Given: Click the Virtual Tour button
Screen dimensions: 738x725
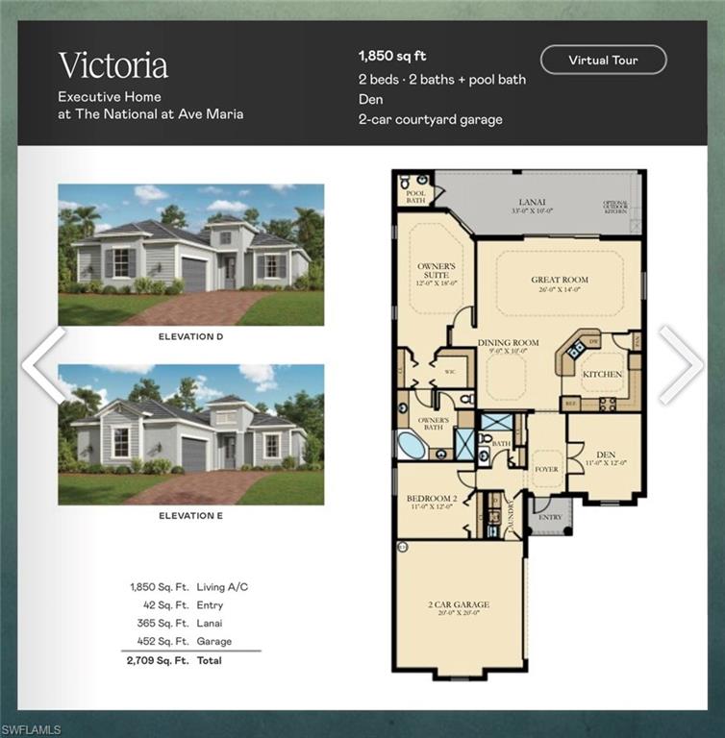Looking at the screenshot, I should point(603,60).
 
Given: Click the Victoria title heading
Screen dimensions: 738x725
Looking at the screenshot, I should point(112,65).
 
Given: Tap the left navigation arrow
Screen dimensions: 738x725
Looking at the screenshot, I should point(43,365).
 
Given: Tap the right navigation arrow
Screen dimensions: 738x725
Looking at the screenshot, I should point(681,365).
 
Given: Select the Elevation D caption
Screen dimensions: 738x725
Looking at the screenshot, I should point(190,337).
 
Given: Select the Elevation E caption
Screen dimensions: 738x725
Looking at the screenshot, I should point(190,516).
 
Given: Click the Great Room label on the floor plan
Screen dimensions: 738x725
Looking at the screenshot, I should point(559,281).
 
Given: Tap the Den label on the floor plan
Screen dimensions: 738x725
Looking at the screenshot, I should point(605,456).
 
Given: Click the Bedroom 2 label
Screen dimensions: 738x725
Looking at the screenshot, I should point(432,500).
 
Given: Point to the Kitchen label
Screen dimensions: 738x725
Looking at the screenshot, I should point(602,374).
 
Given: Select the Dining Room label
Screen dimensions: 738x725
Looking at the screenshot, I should point(508,342).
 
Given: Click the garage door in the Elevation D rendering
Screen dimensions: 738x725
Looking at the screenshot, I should point(194,275).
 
